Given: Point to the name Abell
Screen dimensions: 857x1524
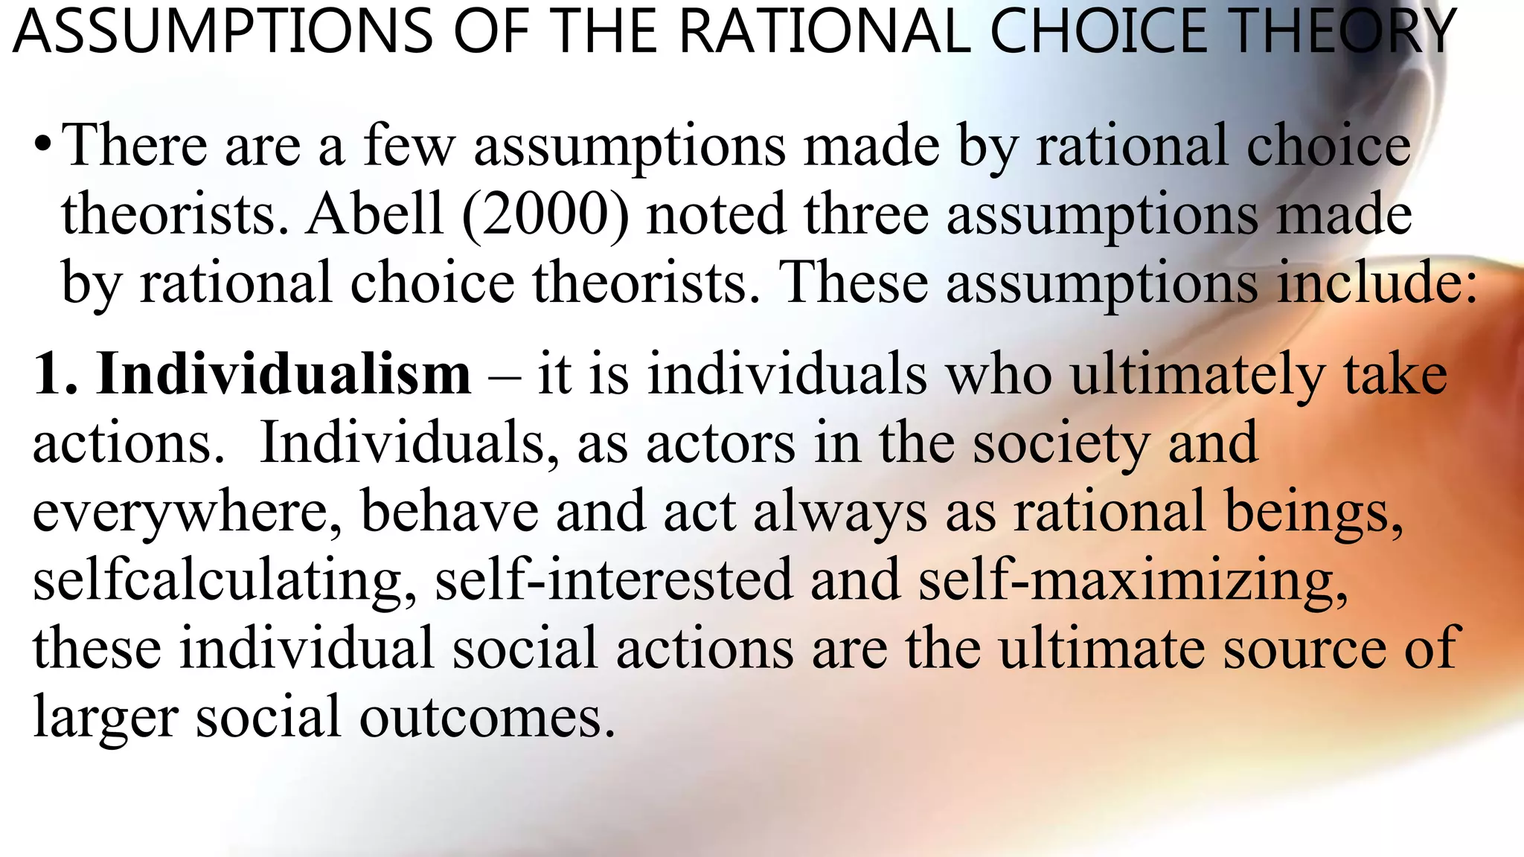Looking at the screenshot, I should point(376,214).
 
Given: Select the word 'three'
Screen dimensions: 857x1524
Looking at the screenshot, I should point(866,214).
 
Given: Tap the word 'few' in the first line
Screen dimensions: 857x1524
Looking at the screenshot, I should point(408,145).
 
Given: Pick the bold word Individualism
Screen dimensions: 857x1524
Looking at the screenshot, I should point(284,373).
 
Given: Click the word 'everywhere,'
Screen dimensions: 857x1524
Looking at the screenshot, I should point(188,513).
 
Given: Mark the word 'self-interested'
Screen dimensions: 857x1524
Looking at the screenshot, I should point(614,580).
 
